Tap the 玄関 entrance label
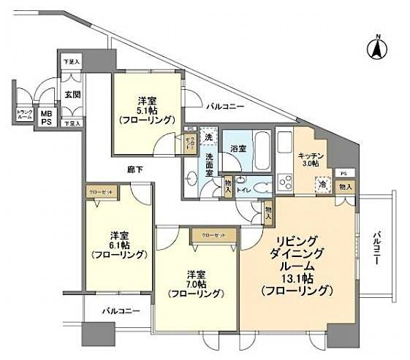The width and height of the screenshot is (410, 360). point(71,94)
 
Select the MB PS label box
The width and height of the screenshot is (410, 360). point(46,118)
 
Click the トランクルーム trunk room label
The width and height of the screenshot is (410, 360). point(23,115)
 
